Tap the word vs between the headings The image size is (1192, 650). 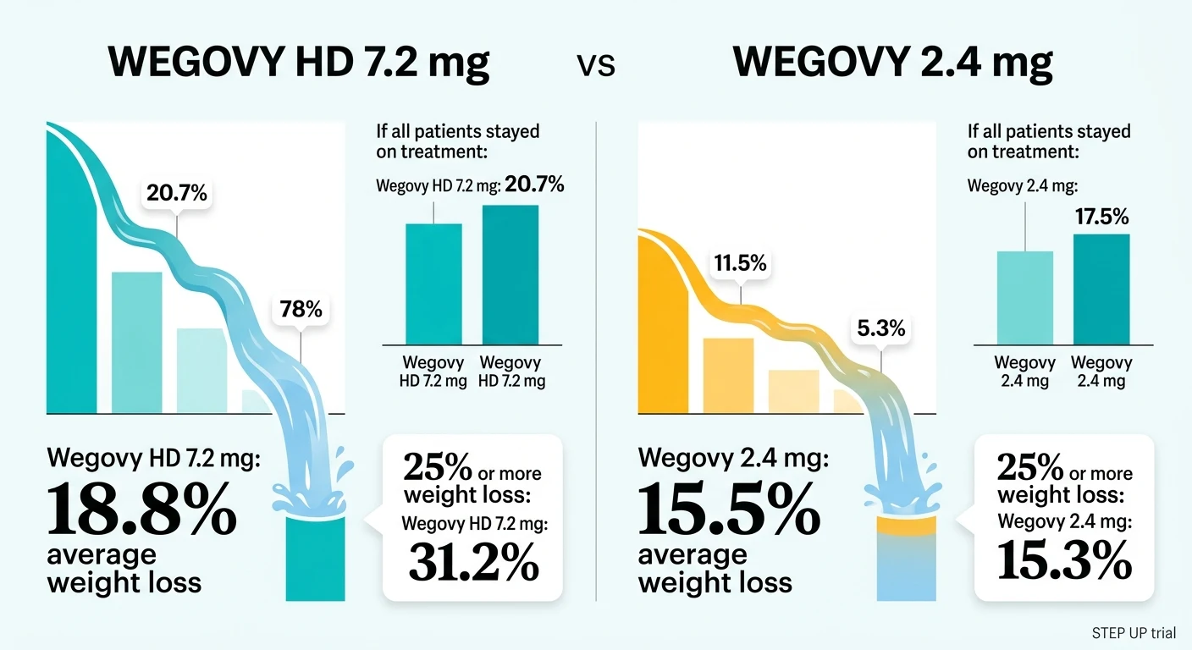tap(597, 66)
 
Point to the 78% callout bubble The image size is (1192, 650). tap(301, 310)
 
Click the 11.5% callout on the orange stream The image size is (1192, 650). tap(740, 263)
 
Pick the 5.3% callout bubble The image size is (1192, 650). tap(880, 328)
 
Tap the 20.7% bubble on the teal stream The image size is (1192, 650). tap(176, 194)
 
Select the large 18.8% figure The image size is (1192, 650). tap(141, 510)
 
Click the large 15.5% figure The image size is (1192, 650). tap(728, 510)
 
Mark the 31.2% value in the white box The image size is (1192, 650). tap(473, 562)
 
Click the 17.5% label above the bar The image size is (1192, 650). tap(1101, 218)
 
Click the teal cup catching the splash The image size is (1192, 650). tap(316, 559)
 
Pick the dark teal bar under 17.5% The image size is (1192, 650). tap(1101, 289)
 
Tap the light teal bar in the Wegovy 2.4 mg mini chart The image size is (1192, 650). tap(1024, 298)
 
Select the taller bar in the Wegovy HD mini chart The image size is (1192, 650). tap(510, 274)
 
